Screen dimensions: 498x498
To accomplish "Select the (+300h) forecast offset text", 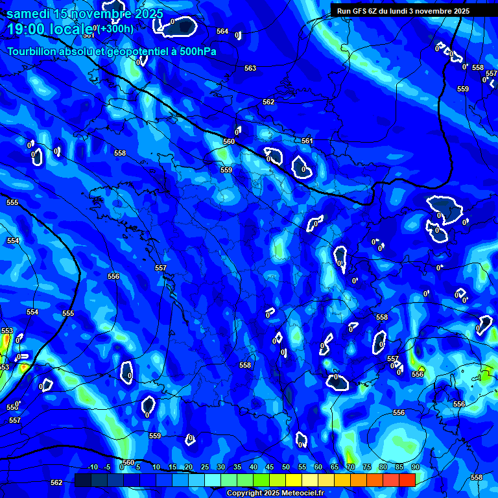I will (x=116, y=29).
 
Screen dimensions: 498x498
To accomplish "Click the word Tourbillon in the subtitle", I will (x=32, y=51).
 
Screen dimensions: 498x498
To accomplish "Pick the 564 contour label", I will (x=222, y=31).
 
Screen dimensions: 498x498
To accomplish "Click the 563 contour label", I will (x=250, y=68).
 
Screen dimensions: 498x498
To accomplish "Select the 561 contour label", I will (x=307, y=141).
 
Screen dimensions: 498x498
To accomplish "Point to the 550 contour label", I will (x=12, y=407).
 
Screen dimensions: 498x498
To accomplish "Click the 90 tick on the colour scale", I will (x=415, y=468).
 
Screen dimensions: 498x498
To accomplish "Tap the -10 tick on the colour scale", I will (x=92, y=468).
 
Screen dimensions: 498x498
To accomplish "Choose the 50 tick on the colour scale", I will (x=286, y=468).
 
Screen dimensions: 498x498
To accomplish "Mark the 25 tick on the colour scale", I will (x=205, y=468).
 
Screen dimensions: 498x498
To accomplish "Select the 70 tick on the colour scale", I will (x=351, y=468).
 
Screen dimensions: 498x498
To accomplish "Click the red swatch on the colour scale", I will (x=407, y=480).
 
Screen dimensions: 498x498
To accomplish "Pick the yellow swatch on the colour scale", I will (x=293, y=480).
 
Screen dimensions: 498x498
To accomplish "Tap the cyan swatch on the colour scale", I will (x=213, y=480).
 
